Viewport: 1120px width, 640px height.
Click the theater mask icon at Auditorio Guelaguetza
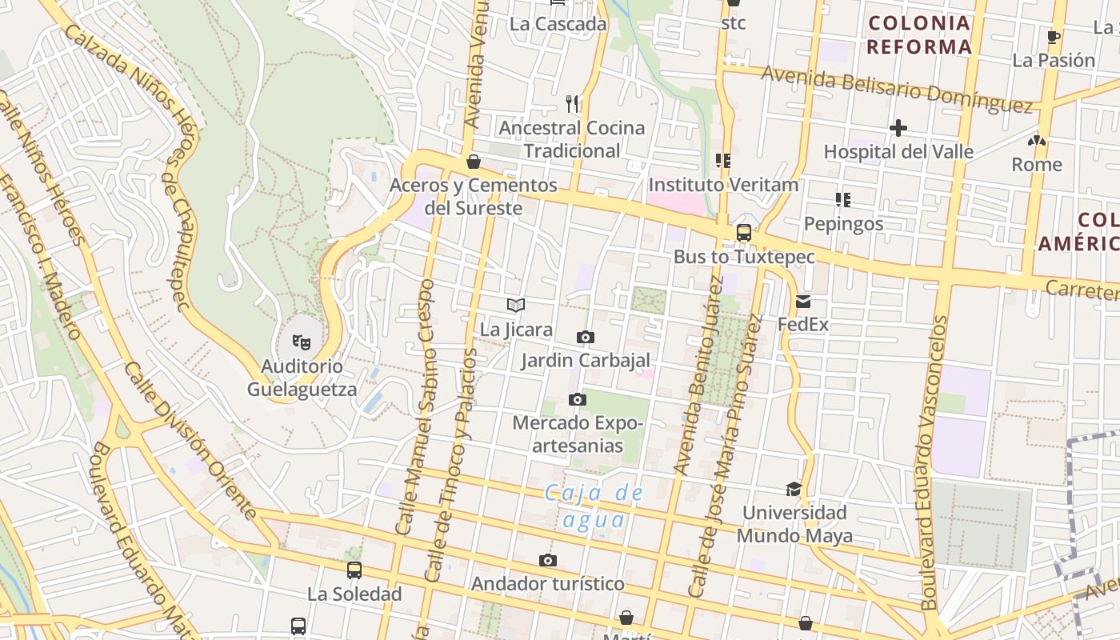[302, 342]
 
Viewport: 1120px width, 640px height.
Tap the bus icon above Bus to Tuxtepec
[744, 233]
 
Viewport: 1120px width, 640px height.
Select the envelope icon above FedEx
[803, 302]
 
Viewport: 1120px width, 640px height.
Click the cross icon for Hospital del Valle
[898, 128]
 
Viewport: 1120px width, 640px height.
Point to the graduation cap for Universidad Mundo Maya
[794, 489]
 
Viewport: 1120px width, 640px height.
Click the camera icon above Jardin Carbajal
[586, 337]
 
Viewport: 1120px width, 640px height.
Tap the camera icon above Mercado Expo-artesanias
[577, 399]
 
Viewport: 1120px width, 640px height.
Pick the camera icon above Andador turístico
[547, 560]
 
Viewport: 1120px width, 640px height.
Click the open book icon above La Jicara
[516, 305]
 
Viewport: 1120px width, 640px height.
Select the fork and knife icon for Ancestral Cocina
[572, 103]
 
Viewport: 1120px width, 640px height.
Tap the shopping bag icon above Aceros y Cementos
[474, 162]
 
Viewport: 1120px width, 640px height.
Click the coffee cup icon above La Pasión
[1054, 37]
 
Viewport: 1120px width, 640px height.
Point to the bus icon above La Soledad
[354, 570]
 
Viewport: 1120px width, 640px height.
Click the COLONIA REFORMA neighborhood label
[919, 34]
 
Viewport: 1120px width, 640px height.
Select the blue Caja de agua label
[594, 506]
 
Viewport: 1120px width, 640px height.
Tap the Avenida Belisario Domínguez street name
[897, 88]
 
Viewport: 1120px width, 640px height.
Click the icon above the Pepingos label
[842, 199]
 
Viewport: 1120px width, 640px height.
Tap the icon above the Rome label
[1037, 141]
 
